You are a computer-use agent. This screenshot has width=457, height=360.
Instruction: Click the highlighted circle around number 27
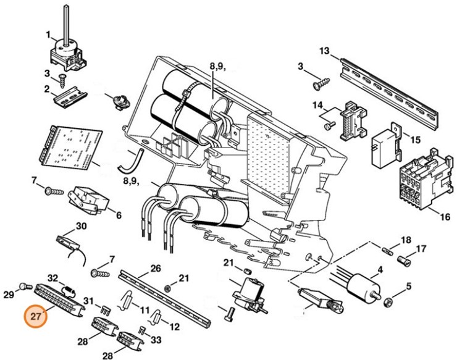tap(35, 317)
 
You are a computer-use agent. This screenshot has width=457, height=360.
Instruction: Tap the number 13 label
tap(325, 50)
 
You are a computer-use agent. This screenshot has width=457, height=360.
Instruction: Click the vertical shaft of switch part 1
tap(64, 22)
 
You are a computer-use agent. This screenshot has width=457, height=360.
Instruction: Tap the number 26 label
tap(155, 269)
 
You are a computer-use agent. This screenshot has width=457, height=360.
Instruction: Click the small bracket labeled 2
tap(70, 99)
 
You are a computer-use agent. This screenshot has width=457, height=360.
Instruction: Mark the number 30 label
tap(80, 227)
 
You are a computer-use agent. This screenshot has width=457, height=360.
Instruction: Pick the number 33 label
tap(156, 339)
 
